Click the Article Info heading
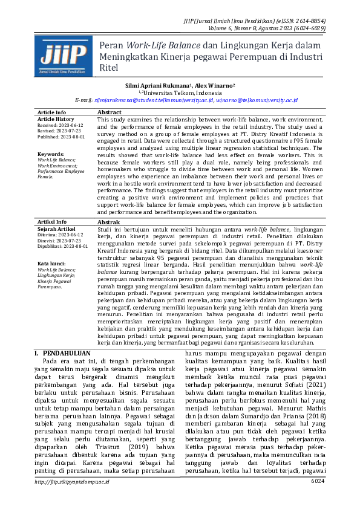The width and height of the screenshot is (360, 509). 52,112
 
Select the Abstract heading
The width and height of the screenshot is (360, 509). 110,112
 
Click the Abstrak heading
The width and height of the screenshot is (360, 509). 110,222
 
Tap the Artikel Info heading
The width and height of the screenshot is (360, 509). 52,222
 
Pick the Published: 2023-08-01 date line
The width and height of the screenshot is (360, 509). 60,137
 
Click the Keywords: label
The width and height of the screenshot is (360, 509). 51,154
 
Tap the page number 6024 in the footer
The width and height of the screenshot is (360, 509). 318,498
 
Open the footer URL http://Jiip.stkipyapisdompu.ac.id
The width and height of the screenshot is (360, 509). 72,498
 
